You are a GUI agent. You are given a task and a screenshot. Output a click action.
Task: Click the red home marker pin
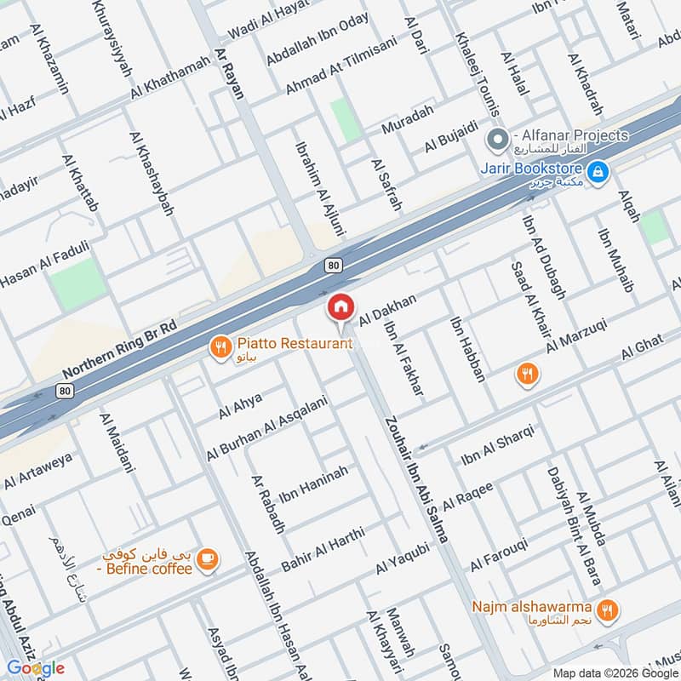coord(340,306)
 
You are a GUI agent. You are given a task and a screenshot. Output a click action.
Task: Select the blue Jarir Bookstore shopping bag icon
coord(599,172)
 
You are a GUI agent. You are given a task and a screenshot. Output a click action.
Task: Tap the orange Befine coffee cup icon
coord(207,559)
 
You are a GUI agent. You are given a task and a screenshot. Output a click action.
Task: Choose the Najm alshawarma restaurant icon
coord(606,609)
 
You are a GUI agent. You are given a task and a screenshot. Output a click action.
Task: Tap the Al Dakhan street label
coord(388,310)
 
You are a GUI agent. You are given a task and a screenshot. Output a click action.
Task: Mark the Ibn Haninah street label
coord(313,484)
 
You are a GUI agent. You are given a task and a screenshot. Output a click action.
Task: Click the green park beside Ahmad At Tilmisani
coord(346,119)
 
